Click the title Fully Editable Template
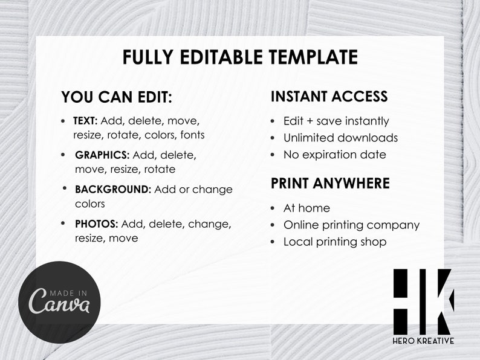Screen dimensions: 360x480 click(x=240, y=57)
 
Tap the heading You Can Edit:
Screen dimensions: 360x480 click(x=117, y=97)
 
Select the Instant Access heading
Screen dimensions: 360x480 click(x=329, y=97)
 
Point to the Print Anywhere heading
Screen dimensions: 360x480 click(x=330, y=183)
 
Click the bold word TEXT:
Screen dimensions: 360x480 click(x=85, y=121)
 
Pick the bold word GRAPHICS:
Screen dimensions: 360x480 click(x=102, y=155)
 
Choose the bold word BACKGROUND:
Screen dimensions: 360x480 click(x=113, y=189)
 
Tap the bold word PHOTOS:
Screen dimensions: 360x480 click(x=97, y=224)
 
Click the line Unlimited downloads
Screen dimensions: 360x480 click(x=340, y=138)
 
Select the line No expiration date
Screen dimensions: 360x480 click(x=334, y=155)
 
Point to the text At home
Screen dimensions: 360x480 click(x=306, y=208)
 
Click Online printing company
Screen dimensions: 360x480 click(x=351, y=225)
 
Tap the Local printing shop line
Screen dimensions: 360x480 click(x=335, y=242)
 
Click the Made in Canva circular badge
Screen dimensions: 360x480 click(x=59, y=301)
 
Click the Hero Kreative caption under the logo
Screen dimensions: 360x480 click(x=423, y=341)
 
